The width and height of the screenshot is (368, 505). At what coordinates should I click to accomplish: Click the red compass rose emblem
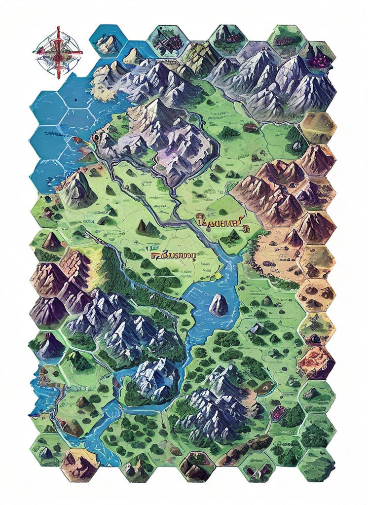point(58,52)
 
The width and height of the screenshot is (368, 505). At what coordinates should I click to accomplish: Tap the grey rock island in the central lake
point(218,305)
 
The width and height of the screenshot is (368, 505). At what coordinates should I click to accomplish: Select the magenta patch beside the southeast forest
point(277,412)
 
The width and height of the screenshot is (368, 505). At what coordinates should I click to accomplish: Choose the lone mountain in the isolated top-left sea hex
point(107,44)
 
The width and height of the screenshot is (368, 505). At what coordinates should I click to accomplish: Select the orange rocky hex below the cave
point(316,362)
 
